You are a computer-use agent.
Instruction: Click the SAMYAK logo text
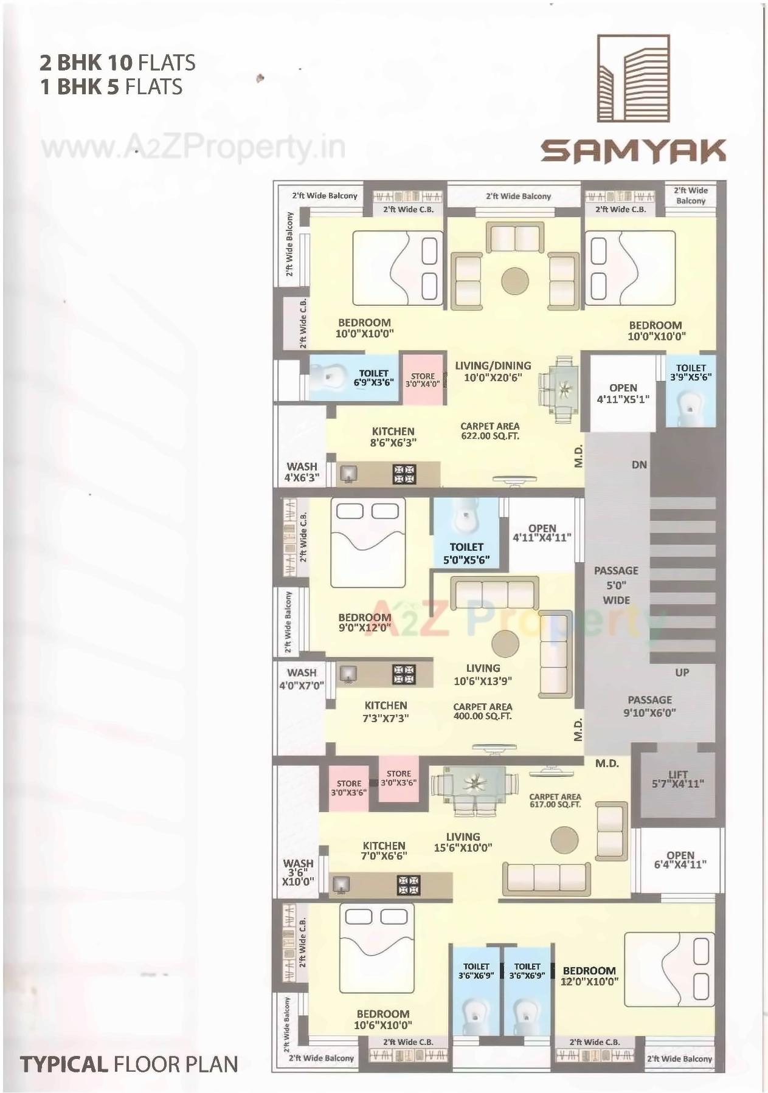[x=633, y=151]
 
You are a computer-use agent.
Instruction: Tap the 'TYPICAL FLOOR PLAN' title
[x=128, y=1064]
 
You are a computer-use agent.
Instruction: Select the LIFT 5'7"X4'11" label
[x=677, y=779]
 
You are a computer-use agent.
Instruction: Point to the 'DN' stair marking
[x=639, y=465]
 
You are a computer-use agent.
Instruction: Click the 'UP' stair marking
[x=682, y=672]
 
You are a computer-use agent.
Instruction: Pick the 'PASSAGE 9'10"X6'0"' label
[x=649, y=706]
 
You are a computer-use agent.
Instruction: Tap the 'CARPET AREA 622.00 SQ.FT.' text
[x=490, y=431]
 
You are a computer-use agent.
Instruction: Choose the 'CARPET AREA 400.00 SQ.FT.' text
[x=482, y=711]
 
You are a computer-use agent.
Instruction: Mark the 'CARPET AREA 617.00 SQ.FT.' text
[x=555, y=800]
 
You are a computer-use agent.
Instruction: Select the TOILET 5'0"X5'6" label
[x=466, y=553]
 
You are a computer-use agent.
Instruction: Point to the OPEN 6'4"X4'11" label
[x=680, y=860]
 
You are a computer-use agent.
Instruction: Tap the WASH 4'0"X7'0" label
[x=302, y=679]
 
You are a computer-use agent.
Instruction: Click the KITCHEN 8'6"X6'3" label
[x=393, y=437]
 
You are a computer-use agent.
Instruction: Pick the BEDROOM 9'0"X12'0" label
[x=365, y=622]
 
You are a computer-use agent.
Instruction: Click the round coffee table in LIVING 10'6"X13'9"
[x=505, y=644]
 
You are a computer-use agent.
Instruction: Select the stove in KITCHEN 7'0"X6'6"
[x=409, y=884]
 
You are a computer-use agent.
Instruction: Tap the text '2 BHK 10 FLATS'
[x=117, y=63]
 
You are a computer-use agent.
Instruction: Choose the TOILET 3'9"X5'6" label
[x=691, y=372]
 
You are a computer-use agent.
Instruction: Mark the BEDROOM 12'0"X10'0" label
[x=589, y=976]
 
